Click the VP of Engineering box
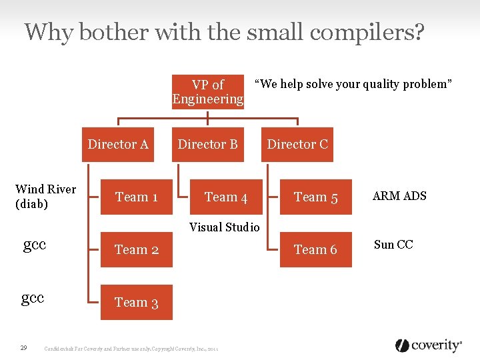click(x=208, y=92)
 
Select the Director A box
click(x=118, y=145)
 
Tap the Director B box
click(x=207, y=145)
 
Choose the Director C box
click(x=297, y=145)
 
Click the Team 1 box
click(x=137, y=197)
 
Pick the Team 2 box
click(x=137, y=250)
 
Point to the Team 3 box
click(x=137, y=303)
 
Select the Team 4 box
click(x=226, y=197)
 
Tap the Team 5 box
click(x=316, y=197)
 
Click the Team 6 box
click(x=316, y=250)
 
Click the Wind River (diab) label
click(x=45, y=197)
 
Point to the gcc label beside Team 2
click(x=35, y=245)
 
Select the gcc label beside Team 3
click(x=33, y=297)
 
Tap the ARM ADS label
click(x=399, y=196)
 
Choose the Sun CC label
click(x=393, y=245)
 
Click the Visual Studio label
click(x=225, y=227)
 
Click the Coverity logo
click(x=429, y=345)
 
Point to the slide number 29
click(x=23, y=347)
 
